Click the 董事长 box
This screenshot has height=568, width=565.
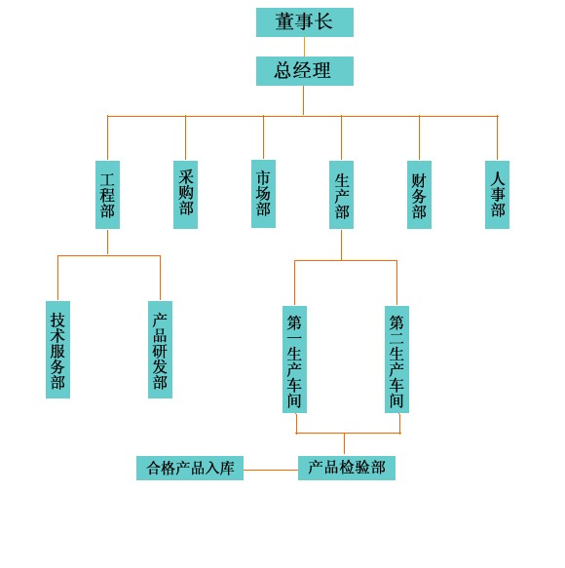click(x=305, y=22)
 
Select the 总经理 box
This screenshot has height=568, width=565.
click(x=305, y=71)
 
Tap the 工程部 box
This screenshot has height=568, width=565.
click(x=107, y=195)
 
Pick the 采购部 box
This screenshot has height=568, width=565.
click(x=185, y=195)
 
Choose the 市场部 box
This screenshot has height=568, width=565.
click(x=263, y=194)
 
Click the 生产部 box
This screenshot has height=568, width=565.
click(x=341, y=195)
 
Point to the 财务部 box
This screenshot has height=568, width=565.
click(x=419, y=195)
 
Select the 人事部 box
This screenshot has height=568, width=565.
click(x=497, y=195)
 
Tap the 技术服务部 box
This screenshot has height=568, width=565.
click(x=57, y=350)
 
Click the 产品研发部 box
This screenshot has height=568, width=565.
click(x=160, y=350)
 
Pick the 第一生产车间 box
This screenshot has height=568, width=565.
click(x=294, y=360)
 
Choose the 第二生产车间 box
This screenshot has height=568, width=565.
click(x=396, y=360)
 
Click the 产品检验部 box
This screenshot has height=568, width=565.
click(x=347, y=468)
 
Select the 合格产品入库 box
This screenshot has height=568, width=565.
click(x=190, y=468)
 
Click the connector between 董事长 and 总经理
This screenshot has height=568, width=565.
click(x=304, y=47)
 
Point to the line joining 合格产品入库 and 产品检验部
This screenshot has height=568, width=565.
click(x=271, y=470)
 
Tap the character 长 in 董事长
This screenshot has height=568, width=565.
click(x=323, y=21)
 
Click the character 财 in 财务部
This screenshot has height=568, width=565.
click(x=419, y=181)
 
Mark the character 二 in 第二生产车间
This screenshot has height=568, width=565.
click(x=396, y=338)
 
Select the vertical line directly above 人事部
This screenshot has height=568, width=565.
click(x=497, y=138)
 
